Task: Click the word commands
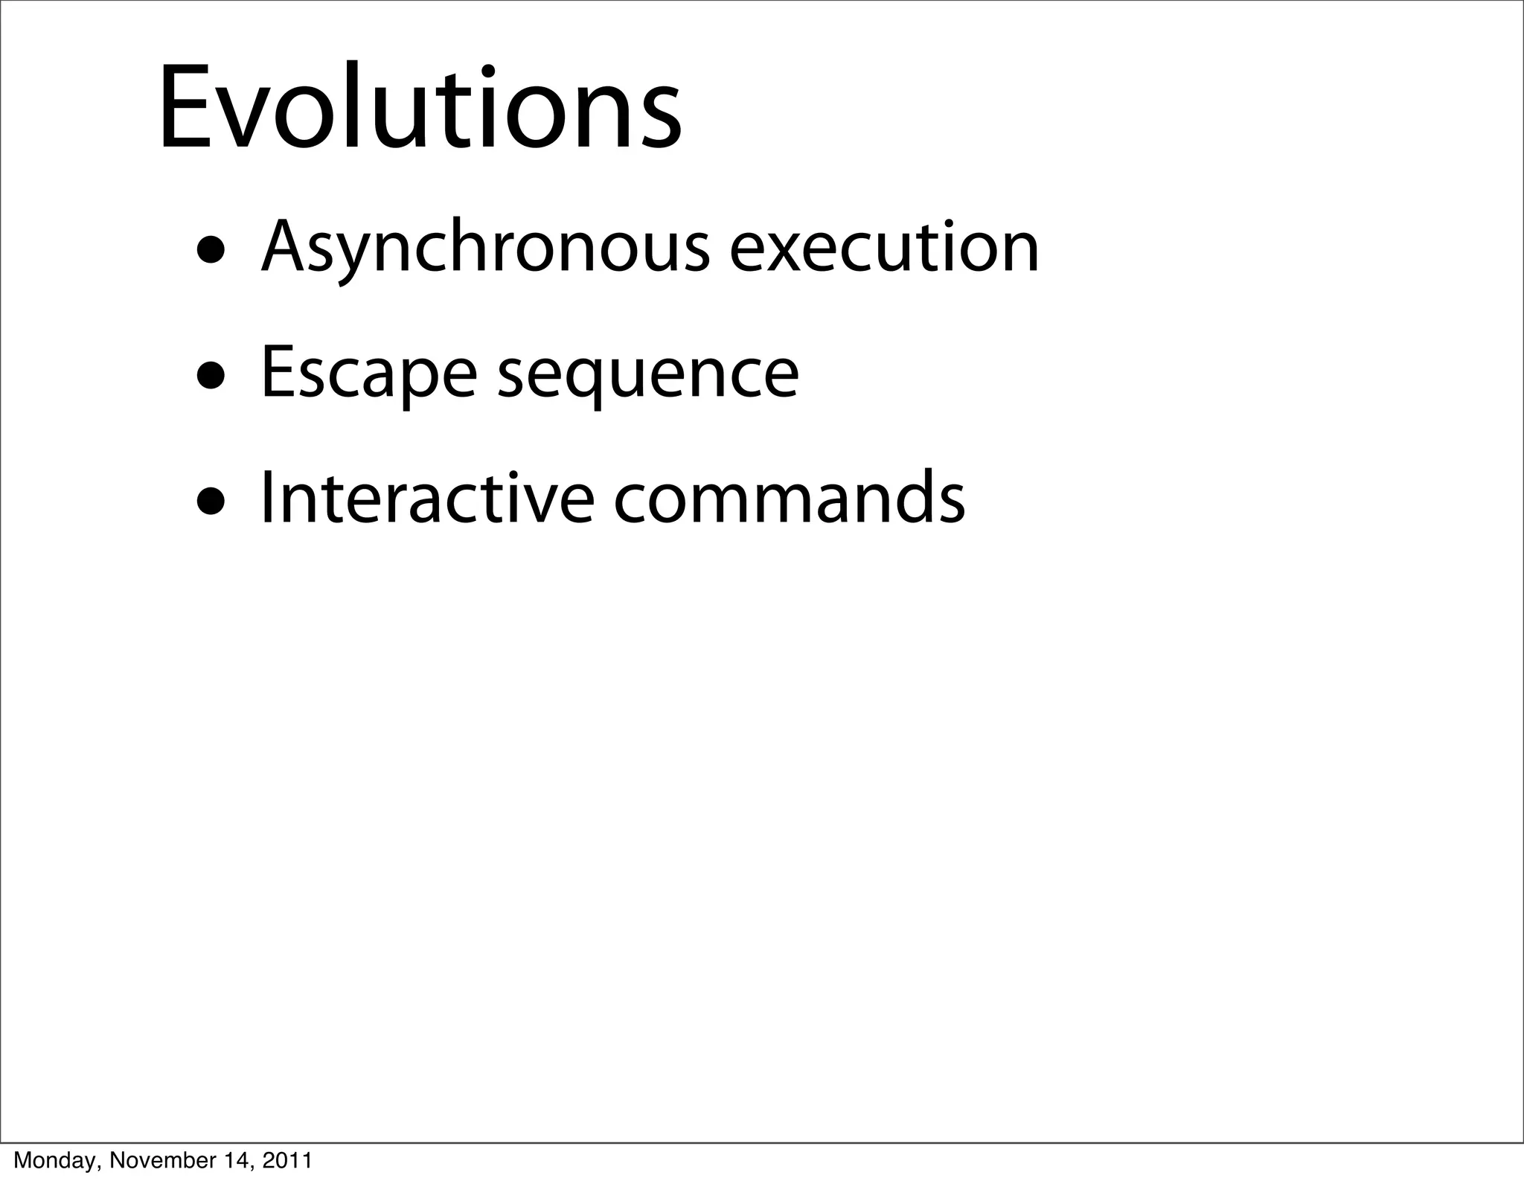tap(789, 497)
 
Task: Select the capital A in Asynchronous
tap(285, 248)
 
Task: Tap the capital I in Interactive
tap(266, 497)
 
